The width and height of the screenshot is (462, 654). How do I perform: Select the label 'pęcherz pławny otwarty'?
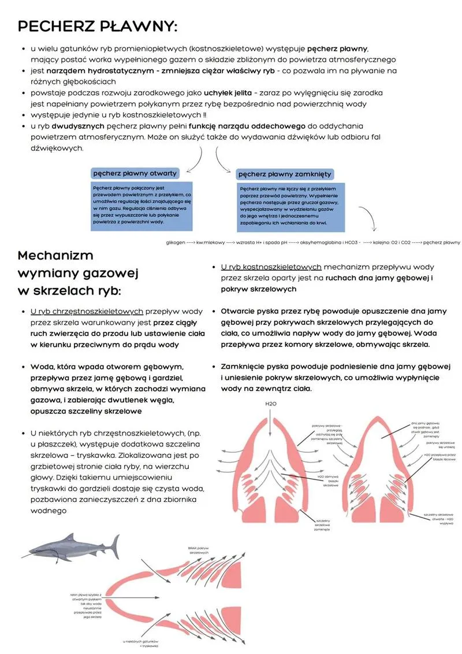pyautogui.click(x=135, y=173)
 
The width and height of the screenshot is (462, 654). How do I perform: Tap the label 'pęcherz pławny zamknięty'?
pyautogui.click(x=285, y=174)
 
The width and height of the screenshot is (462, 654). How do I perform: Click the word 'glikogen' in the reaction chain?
pyautogui.click(x=175, y=243)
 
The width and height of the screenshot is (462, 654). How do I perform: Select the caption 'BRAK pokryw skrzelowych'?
pyautogui.click(x=198, y=550)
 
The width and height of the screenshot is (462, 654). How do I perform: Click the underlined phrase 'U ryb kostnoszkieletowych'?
pyautogui.click(x=271, y=267)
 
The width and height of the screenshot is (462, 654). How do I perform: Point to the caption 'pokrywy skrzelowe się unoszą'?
pyautogui.click(x=441, y=445)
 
